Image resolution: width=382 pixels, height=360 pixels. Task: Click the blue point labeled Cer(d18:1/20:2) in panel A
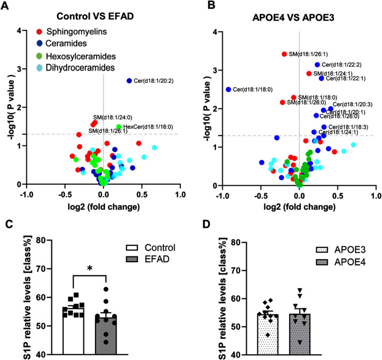pos(129,81)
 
